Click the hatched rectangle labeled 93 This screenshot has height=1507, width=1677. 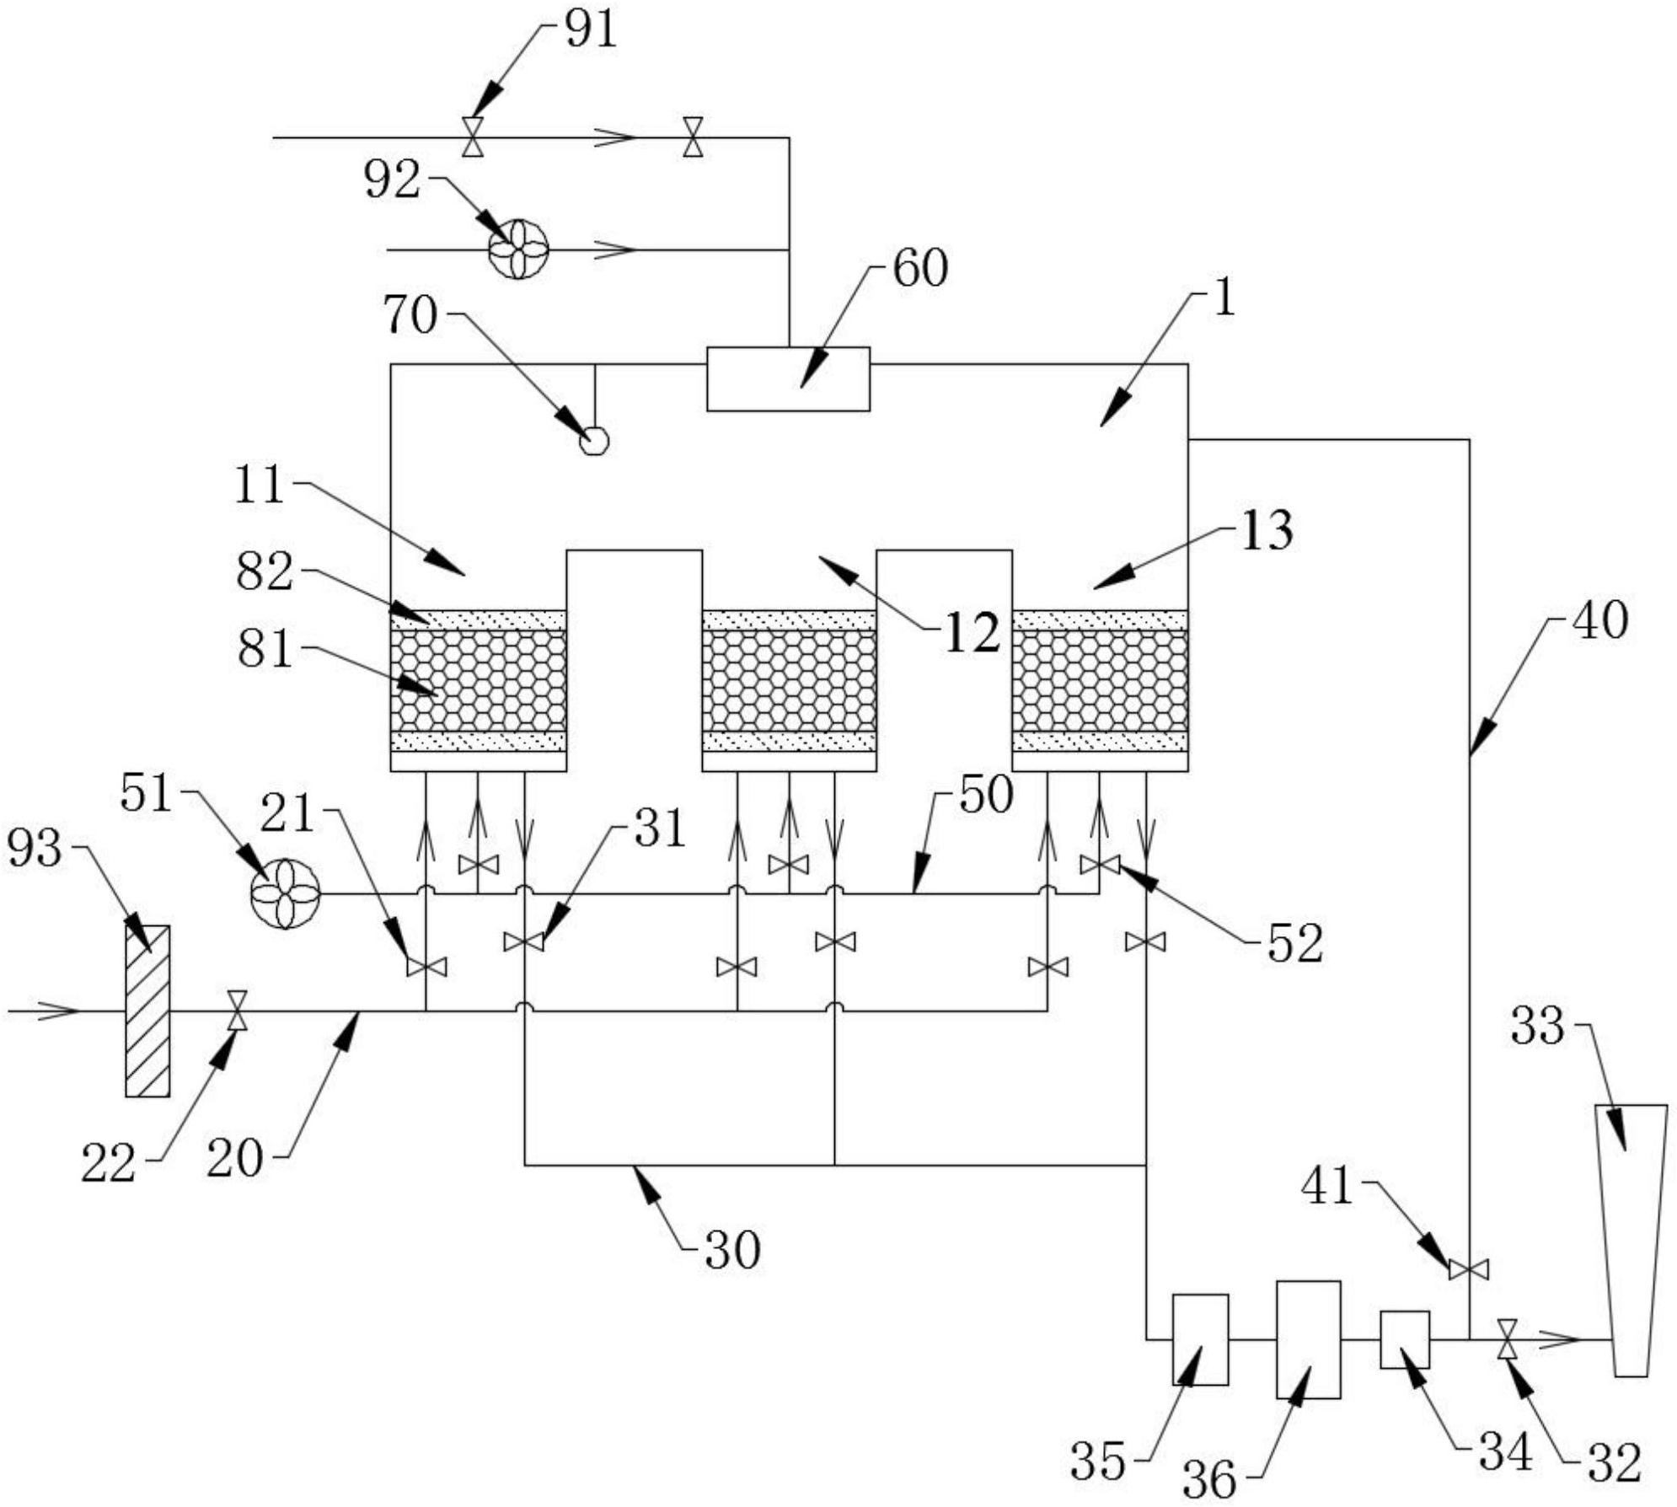click(x=147, y=1011)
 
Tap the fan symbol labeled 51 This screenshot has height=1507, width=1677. click(x=286, y=893)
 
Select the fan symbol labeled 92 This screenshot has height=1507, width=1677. click(x=518, y=249)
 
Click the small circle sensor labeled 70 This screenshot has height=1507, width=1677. click(x=595, y=441)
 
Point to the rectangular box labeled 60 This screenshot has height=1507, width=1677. click(x=788, y=379)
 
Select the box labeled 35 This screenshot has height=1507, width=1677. click(x=1200, y=1339)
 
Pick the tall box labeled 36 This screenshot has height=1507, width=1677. click(x=1308, y=1339)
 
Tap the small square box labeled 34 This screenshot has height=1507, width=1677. click(x=1404, y=1339)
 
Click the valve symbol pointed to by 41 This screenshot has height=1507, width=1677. click(x=1469, y=1269)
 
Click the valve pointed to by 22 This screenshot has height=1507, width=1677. click(x=238, y=1010)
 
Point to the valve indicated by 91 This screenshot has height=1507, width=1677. click(x=473, y=137)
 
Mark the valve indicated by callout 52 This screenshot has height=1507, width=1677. click(x=1100, y=865)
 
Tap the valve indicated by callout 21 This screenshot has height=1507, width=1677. click(x=426, y=967)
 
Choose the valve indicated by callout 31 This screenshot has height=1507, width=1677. click(x=523, y=941)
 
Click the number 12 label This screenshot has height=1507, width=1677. click(x=972, y=634)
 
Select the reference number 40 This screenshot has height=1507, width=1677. click(x=1600, y=620)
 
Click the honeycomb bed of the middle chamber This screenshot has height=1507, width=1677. click(x=789, y=681)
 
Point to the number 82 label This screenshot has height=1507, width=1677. click(x=265, y=571)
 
